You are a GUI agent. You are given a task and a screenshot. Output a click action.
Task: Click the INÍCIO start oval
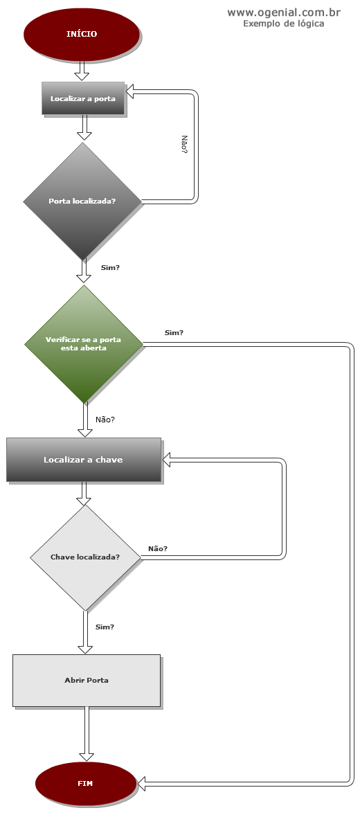[x=82, y=34]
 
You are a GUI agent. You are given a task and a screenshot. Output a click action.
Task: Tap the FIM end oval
[x=86, y=783]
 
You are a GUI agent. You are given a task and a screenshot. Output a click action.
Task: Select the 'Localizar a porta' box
[x=83, y=98]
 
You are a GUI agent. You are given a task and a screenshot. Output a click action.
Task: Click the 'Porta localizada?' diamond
[x=82, y=201]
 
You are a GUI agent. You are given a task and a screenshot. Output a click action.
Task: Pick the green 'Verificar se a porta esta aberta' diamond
[x=83, y=344]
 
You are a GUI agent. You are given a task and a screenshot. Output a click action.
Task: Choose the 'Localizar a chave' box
[x=83, y=460]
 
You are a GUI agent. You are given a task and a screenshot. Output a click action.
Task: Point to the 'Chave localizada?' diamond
[x=85, y=557]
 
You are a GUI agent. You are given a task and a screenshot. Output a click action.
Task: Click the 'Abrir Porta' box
[x=87, y=681]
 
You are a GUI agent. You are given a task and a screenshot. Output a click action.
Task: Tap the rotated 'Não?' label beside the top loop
[x=184, y=144]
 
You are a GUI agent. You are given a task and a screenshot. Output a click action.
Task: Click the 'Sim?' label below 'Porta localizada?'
[x=110, y=268]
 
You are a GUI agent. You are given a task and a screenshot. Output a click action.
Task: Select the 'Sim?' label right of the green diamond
[x=174, y=332]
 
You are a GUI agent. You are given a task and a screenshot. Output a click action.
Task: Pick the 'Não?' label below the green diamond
[x=105, y=420]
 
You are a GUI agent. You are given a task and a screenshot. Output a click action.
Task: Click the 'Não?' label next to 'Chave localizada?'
[x=158, y=548]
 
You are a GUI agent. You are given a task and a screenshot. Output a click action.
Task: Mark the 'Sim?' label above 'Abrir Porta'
[x=105, y=627]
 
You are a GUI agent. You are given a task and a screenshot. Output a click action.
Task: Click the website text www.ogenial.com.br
[x=284, y=12]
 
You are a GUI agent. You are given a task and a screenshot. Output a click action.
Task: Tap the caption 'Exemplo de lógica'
[x=284, y=24]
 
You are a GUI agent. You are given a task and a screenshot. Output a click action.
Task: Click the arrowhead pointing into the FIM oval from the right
[x=142, y=782]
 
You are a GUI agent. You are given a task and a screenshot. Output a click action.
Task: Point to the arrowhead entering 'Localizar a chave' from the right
[x=168, y=460]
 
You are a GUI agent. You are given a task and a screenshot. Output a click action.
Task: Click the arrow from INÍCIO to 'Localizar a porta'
[x=82, y=71]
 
